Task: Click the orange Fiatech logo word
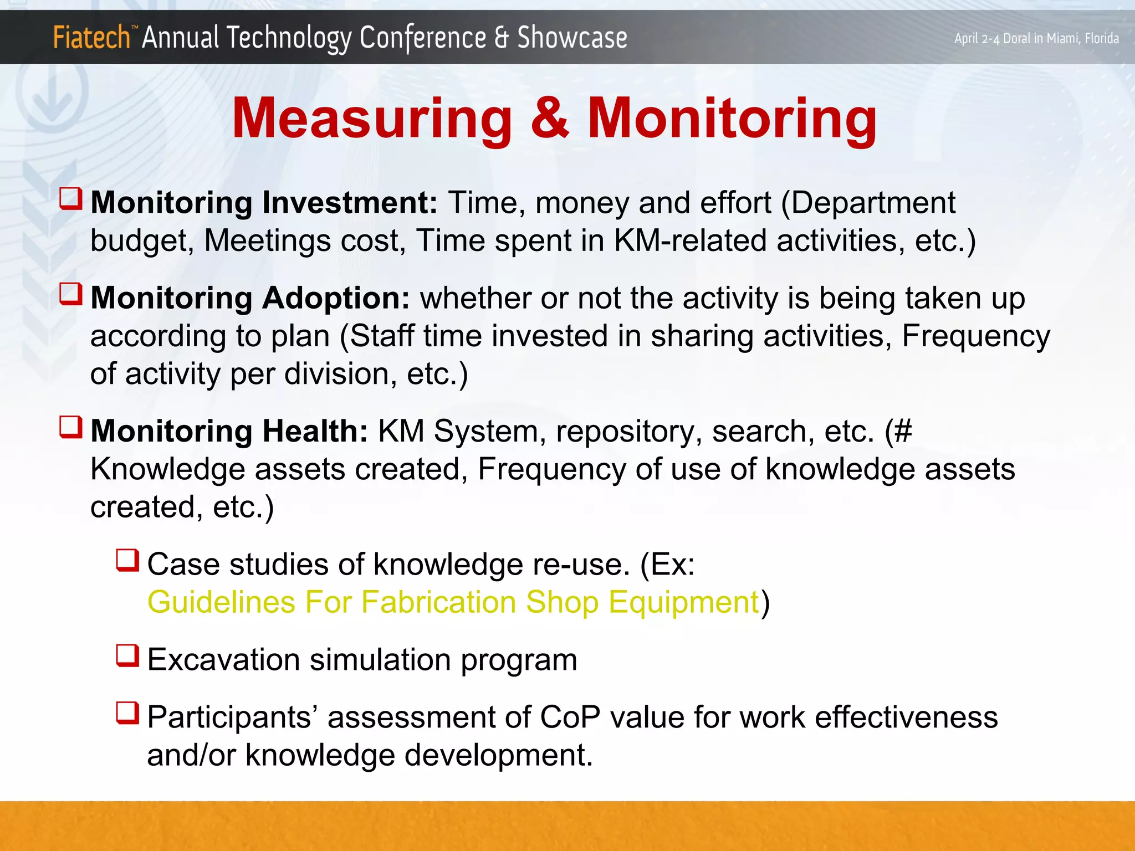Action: click(x=91, y=38)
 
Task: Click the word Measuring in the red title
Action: click(x=372, y=118)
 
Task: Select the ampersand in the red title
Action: click(x=549, y=118)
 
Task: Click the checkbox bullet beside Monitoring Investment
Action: click(x=71, y=198)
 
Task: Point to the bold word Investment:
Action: click(x=350, y=203)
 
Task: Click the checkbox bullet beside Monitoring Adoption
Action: click(x=71, y=294)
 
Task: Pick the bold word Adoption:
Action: click(x=336, y=298)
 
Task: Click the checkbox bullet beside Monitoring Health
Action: click(x=71, y=427)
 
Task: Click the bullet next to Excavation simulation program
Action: click(x=127, y=655)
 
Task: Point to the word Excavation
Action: click(x=223, y=660)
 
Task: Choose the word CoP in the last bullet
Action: click(x=570, y=717)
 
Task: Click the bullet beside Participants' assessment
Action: click(x=127, y=713)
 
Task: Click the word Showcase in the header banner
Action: click(x=572, y=38)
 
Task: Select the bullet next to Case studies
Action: click(x=127, y=560)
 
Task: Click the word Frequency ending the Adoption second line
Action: click(x=975, y=336)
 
